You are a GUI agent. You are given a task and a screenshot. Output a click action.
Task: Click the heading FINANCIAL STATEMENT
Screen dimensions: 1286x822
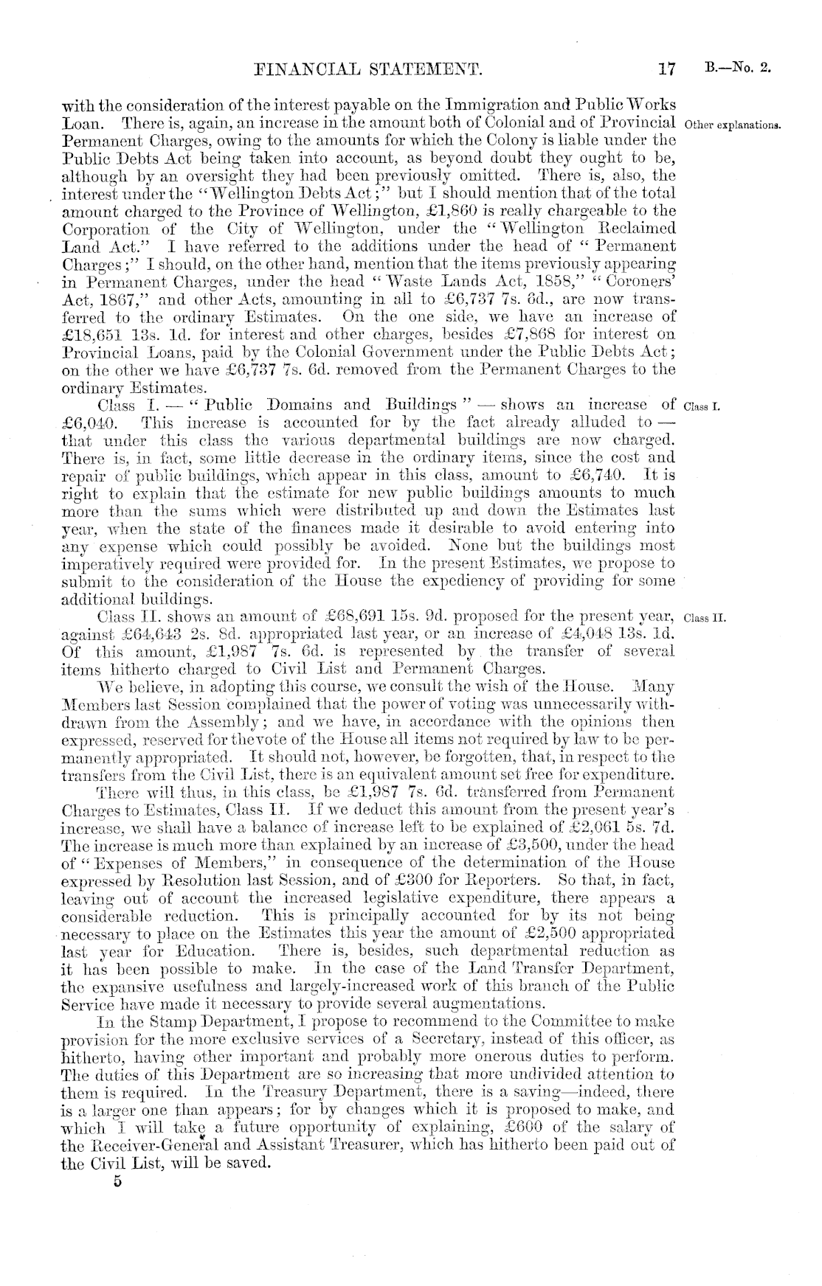pos(367,70)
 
